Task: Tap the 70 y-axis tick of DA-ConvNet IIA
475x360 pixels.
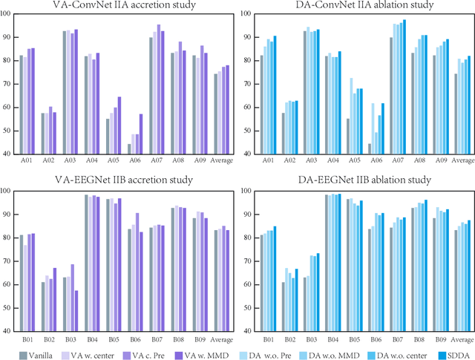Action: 250,84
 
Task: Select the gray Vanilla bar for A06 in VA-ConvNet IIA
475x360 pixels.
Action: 130,149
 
